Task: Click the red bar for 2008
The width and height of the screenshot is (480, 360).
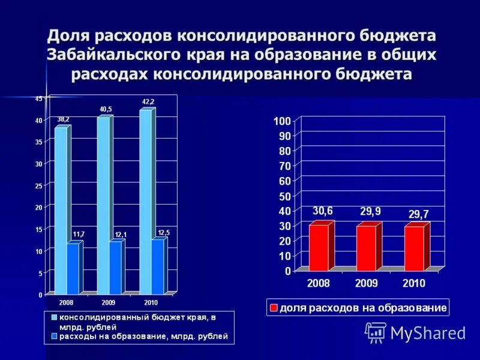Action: tap(319, 247)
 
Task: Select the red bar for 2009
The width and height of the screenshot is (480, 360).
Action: tap(366, 248)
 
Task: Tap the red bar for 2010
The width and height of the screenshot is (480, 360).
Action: tap(413, 248)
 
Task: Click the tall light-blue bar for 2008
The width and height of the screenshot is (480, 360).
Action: tap(60, 210)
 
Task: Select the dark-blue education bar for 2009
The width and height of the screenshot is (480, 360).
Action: tap(115, 268)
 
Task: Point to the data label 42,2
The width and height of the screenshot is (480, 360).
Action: tap(148, 102)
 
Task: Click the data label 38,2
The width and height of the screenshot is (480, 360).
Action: tap(63, 119)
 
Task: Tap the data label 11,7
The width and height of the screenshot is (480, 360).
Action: tap(79, 234)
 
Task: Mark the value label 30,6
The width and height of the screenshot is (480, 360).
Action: tap(322, 211)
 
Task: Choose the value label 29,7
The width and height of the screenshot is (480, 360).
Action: tap(418, 214)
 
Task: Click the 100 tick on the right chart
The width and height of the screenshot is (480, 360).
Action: tap(282, 121)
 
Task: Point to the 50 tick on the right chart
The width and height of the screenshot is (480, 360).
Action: tap(284, 196)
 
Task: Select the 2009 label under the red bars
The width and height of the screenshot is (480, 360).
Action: tap(367, 283)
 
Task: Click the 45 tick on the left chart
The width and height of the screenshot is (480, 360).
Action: tap(38, 98)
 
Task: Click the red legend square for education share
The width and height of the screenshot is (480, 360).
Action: tap(274, 308)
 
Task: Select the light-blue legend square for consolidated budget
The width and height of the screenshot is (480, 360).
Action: tap(53, 316)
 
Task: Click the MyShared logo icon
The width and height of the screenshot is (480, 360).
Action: tap(376, 332)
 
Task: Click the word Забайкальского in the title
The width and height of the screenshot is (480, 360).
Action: tap(113, 55)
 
